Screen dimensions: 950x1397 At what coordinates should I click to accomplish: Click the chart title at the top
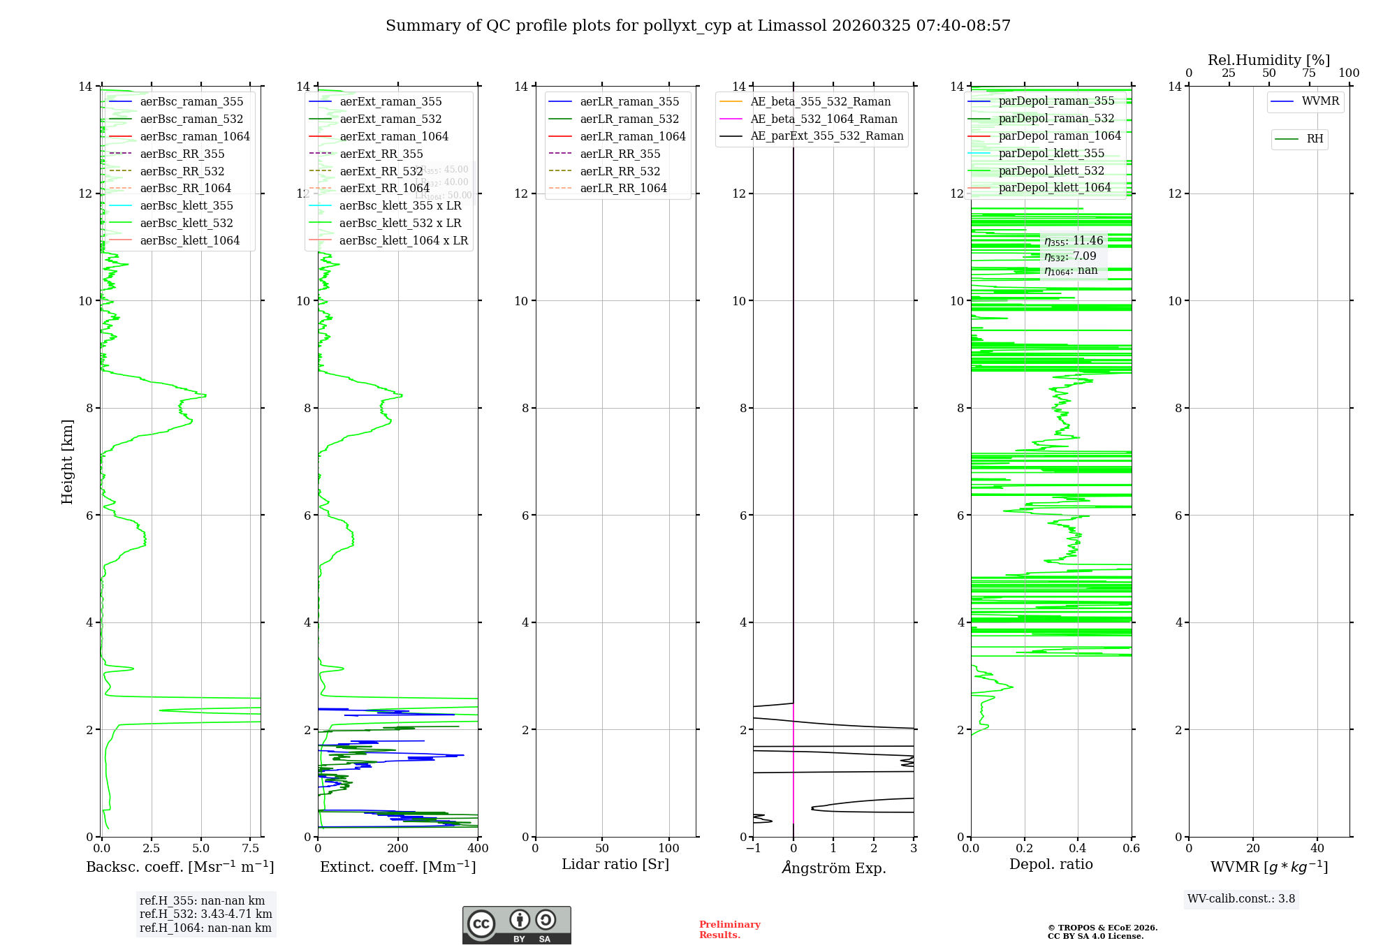[698, 26]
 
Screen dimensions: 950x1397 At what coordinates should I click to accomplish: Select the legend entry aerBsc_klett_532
[186, 223]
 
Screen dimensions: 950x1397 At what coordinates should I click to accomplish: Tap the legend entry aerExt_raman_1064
[394, 136]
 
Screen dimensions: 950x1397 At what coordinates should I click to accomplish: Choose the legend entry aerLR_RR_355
[620, 154]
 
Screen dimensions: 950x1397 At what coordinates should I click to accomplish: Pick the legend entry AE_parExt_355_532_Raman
[826, 136]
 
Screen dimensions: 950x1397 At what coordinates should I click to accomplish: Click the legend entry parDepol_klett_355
[1051, 153]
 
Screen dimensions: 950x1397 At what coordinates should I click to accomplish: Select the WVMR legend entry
[1320, 101]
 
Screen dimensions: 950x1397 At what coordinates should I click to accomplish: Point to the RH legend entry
[1315, 139]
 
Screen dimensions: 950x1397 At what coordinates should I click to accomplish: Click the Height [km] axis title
[67, 461]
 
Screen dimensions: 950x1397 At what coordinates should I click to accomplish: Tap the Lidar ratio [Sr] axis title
[615, 864]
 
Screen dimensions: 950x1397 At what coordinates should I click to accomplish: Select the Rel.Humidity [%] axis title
[1268, 60]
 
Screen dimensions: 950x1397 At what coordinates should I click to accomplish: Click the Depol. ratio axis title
[1051, 864]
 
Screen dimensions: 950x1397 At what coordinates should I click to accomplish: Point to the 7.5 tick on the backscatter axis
[251, 849]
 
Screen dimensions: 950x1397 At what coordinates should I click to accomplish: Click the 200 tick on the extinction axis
[398, 849]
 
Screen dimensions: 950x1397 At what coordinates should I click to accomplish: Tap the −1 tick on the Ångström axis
[753, 849]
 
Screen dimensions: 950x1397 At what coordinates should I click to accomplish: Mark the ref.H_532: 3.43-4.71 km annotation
[205, 914]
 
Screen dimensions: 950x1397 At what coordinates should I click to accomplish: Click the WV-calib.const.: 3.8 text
[1241, 899]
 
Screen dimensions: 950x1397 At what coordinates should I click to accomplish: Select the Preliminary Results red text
[729, 930]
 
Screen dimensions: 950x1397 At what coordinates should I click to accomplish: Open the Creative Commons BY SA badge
[516, 925]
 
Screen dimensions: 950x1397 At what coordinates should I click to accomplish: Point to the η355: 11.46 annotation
[1074, 241]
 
